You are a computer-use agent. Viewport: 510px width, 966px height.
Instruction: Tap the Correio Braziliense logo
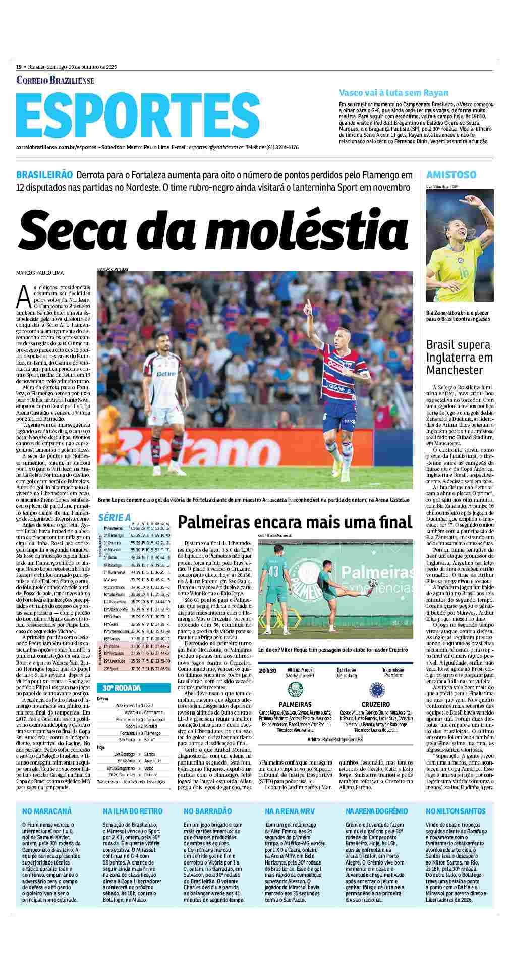tap(55, 80)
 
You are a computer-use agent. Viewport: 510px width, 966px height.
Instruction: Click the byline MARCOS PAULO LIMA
tap(40, 273)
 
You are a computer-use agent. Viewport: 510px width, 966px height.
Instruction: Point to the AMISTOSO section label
tap(451, 175)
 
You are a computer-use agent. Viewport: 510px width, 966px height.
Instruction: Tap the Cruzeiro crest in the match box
tap(375, 689)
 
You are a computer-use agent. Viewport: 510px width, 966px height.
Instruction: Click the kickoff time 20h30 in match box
tap(267, 671)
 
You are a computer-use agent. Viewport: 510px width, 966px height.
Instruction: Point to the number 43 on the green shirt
tap(273, 571)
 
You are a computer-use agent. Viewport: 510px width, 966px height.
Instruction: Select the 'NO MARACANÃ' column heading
tap(47, 811)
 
